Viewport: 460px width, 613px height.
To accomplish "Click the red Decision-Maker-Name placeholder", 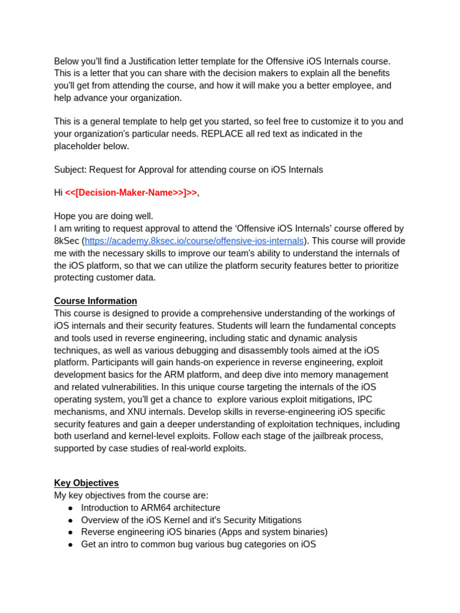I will pyautogui.click(x=131, y=193).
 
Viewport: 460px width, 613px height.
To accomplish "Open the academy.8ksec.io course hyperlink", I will pyautogui.click(x=194, y=241).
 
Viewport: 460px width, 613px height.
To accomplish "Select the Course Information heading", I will pyautogui.click(x=95, y=301).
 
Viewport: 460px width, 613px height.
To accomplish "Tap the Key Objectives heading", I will pyautogui.click(x=86, y=483).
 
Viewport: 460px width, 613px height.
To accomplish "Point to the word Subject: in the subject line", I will pyautogui.click(x=70, y=169).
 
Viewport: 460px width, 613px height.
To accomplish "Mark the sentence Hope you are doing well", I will pyautogui.click(x=104, y=216).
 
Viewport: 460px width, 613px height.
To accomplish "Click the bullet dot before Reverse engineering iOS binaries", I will pyautogui.click(x=70, y=532).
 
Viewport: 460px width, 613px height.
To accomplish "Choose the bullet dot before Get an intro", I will pyautogui.click(x=70, y=545).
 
